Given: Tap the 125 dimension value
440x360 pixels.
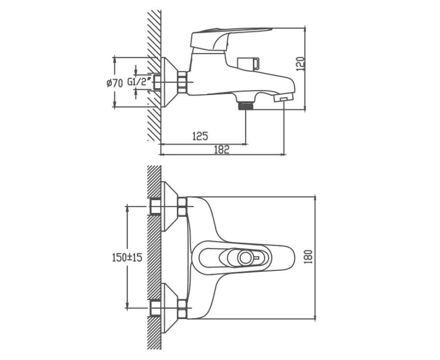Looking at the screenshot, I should click(x=200, y=135).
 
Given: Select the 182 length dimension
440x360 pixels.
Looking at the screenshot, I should click(x=221, y=149).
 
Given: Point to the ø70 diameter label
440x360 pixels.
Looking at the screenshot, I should click(x=115, y=83).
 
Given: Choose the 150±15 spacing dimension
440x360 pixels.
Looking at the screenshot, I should click(x=127, y=257).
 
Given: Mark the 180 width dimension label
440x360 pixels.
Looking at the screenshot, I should click(x=308, y=257).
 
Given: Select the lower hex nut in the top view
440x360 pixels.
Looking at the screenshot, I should click(x=182, y=308).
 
